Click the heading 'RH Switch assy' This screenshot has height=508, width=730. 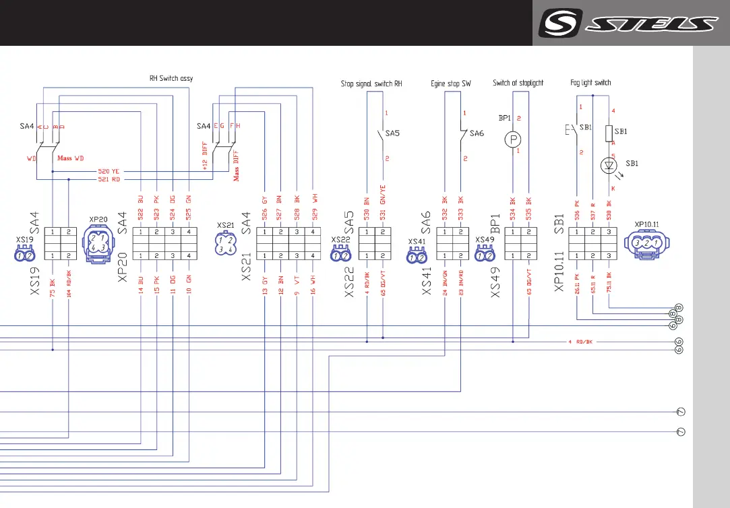coord(171,78)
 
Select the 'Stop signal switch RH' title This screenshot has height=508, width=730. coord(371,84)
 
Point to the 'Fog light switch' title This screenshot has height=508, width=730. coord(590,83)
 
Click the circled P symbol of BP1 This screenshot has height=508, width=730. coord(514,139)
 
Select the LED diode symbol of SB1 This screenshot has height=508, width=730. coord(610,165)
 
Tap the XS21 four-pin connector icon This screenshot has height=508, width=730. coord(225,243)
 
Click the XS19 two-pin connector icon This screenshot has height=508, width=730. coord(25,255)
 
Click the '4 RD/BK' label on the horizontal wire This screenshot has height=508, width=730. coord(580,342)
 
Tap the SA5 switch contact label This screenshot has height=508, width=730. coord(392,133)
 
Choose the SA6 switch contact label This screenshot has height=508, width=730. coord(477,133)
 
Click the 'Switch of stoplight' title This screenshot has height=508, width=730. coord(518,83)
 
